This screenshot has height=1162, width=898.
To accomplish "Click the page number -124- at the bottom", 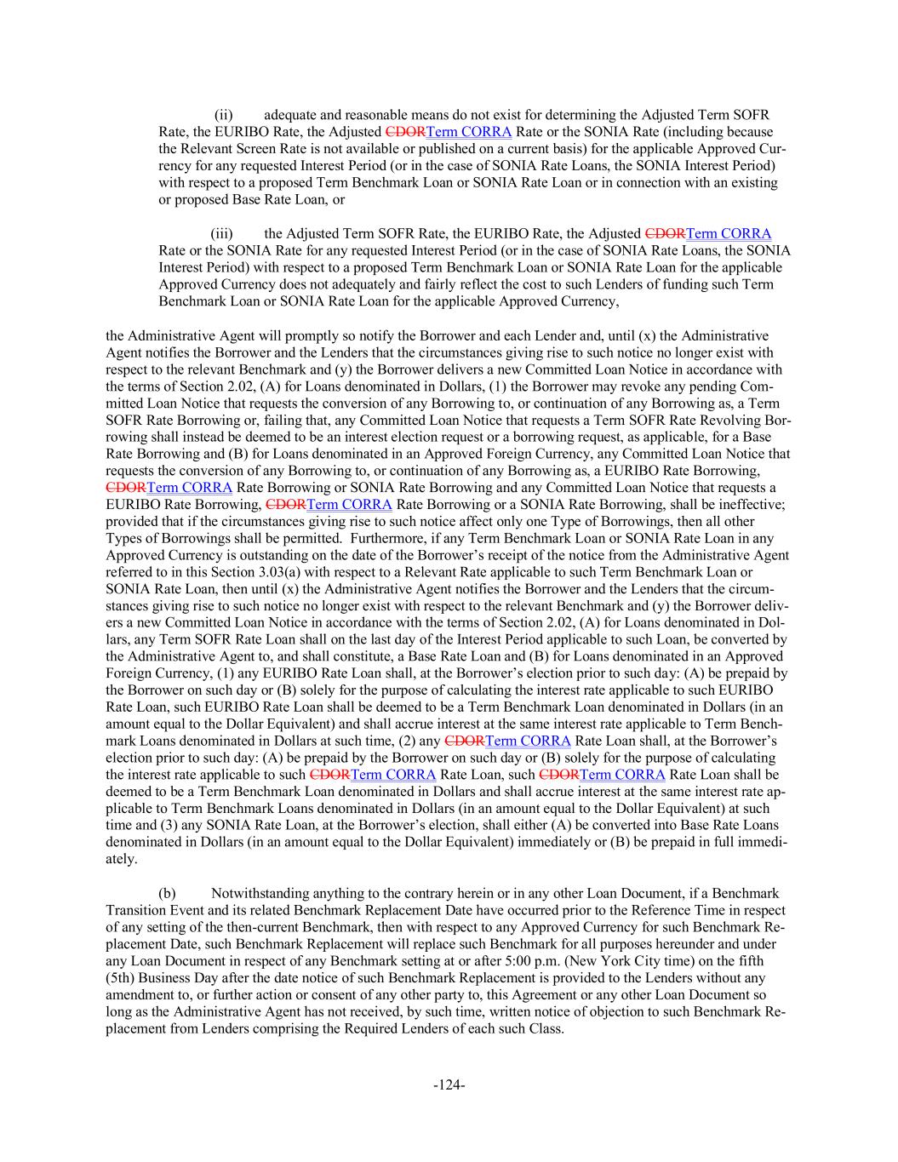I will [x=449, y=1085].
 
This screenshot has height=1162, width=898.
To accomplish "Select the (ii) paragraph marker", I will [x=224, y=115].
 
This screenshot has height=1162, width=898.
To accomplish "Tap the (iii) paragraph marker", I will [x=222, y=233].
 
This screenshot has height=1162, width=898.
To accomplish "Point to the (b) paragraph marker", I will [x=168, y=893].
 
